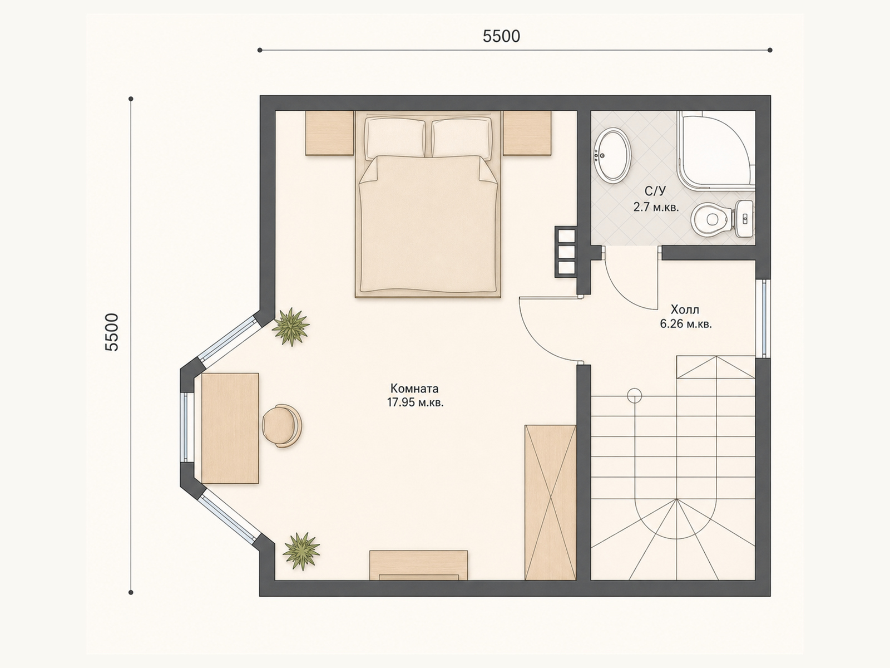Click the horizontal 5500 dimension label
click(x=501, y=37)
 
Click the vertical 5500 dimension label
click(x=112, y=332)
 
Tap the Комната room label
click(x=414, y=389)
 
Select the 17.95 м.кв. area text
click(x=415, y=402)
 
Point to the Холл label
click(x=685, y=310)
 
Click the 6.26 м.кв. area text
click(x=686, y=324)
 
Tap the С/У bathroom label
click(x=655, y=190)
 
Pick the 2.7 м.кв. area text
click(x=656, y=207)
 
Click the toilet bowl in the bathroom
click(x=722, y=219)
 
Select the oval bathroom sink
click(x=612, y=155)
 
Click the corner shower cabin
click(x=716, y=150)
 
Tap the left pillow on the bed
click(x=395, y=137)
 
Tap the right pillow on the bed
click(x=462, y=137)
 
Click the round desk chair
click(x=282, y=426)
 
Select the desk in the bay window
click(x=230, y=428)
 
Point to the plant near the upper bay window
click(x=291, y=327)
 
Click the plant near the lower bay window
click(x=301, y=552)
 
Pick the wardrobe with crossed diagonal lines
click(x=550, y=503)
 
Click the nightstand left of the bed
click(x=330, y=133)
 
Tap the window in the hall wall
click(x=764, y=318)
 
